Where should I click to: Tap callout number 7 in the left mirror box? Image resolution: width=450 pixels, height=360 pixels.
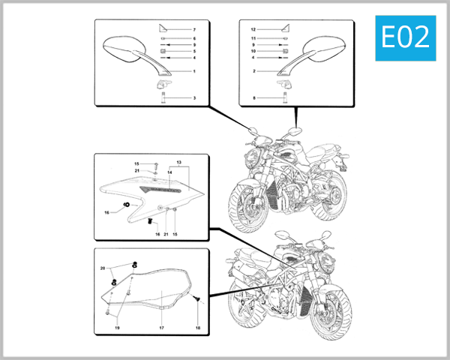(193, 28)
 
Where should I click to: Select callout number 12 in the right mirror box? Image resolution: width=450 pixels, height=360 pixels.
(253, 28)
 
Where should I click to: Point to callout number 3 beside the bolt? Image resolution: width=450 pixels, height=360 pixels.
(193, 98)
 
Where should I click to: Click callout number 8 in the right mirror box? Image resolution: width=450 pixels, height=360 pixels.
(253, 98)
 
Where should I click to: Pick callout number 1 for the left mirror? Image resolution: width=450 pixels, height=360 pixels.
(193, 71)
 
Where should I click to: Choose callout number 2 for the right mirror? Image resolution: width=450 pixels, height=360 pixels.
(253, 71)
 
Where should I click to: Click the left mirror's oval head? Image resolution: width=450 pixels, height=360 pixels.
(118, 48)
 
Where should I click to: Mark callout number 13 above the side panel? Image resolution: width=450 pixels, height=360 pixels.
(179, 163)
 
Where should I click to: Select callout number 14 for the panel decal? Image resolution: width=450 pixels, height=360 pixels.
(169, 173)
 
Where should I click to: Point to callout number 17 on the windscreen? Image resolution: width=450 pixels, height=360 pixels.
(160, 328)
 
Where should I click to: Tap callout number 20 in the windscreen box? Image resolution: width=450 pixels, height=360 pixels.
(103, 268)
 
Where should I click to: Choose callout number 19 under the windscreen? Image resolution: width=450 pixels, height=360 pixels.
(117, 328)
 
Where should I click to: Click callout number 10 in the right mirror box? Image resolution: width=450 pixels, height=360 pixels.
(253, 51)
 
